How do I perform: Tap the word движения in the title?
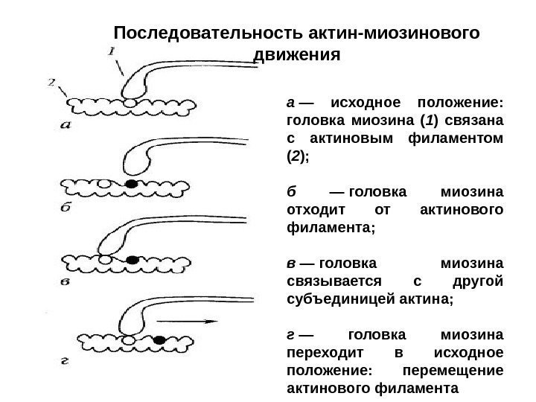[297, 55]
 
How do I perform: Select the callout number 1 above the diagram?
[110, 51]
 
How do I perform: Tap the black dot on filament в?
[133, 261]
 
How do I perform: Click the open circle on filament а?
[130, 101]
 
